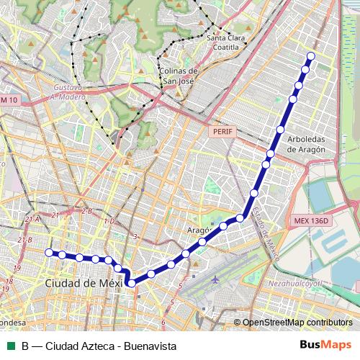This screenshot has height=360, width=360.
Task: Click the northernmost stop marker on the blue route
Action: click(311, 55)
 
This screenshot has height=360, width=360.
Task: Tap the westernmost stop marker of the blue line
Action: click(49, 252)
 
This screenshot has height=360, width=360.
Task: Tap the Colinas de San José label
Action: click(179, 76)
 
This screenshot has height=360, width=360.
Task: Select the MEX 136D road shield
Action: click(311, 220)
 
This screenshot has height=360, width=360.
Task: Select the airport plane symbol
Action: click(217, 278)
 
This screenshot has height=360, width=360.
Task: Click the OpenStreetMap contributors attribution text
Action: click(297, 323)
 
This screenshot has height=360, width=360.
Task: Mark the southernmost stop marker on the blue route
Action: click(132, 284)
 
